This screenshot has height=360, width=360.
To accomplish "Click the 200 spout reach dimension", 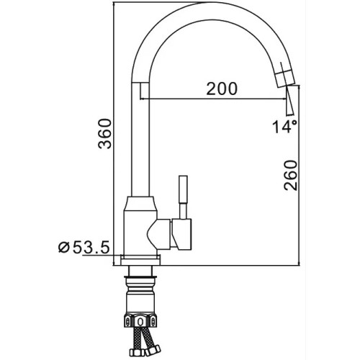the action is coord(222,89).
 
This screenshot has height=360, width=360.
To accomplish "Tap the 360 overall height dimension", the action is coord(105,133).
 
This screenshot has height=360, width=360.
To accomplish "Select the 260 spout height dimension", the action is coord(291,175).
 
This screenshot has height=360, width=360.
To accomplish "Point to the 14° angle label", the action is coord(284,127).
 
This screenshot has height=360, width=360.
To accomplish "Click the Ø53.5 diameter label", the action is coord(84,248).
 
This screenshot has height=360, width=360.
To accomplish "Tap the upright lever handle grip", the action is coord(183,189).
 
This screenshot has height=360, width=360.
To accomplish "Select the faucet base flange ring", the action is coord(140,261).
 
